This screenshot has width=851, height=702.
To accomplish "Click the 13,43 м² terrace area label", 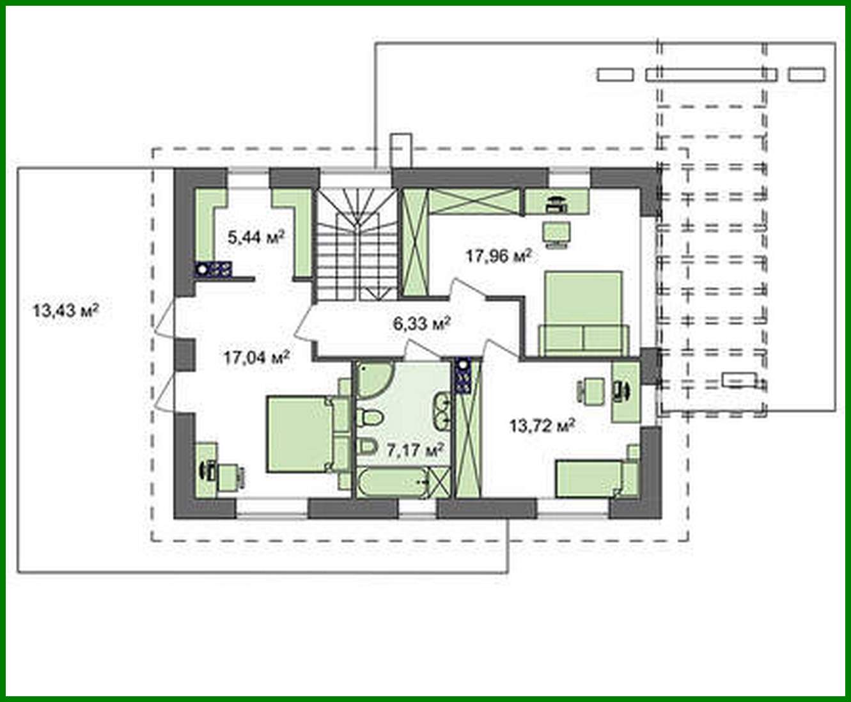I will (x=65, y=311).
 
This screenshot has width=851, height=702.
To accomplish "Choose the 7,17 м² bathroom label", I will (x=414, y=450).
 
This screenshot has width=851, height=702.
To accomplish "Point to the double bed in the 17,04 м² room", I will (x=301, y=434).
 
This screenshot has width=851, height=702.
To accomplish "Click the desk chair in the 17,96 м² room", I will (x=554, y=234).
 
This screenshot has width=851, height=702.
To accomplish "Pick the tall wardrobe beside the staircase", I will (x=414, y=244).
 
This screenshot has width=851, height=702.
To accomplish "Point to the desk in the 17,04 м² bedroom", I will (x=205, y=469).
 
